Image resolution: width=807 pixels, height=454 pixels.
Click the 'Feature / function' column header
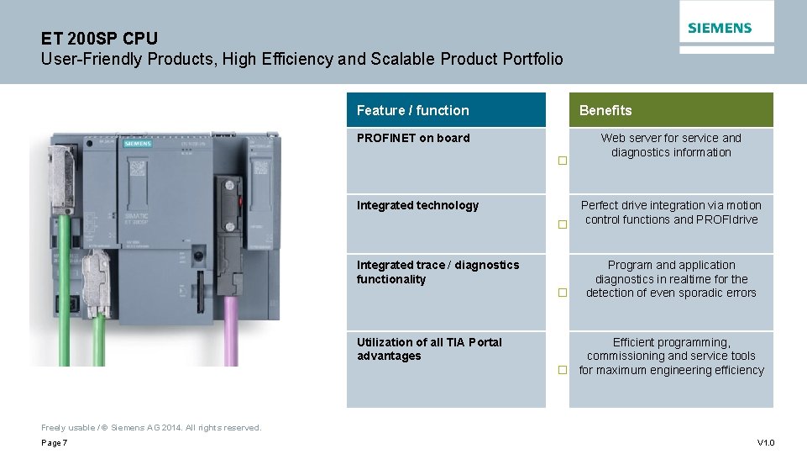(412, 110)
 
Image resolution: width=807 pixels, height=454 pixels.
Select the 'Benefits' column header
(605, 110)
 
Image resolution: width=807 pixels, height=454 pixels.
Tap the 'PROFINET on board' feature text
(413, 138)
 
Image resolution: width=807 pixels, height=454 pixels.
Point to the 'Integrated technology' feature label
(417, 205)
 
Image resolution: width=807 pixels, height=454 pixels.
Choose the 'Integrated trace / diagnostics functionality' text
(438, 272)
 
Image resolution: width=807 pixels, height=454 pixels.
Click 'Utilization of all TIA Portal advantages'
(429, 349)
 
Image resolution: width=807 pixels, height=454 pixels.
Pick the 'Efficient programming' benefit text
(671, 342)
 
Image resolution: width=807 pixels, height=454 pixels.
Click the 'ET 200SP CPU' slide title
(99, 39)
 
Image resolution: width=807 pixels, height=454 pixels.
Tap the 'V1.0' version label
(765, 443)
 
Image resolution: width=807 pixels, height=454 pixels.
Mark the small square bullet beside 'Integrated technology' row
(563, 224)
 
